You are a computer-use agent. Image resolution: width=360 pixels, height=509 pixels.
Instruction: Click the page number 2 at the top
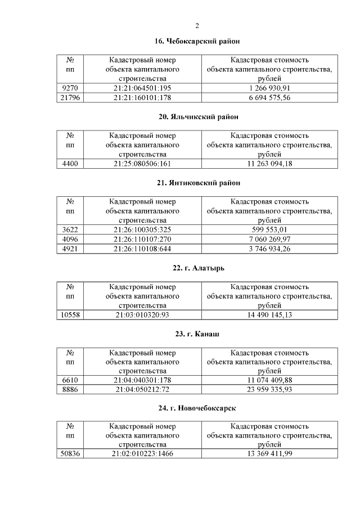click(x=197, y=25)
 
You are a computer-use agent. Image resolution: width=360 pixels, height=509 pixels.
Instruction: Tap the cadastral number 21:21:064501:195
click(x=142, y=88)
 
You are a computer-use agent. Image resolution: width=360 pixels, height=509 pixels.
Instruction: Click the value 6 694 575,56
click(x=269, y=97)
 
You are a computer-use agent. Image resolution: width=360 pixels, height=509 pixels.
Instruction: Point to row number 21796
click(x=70, y=97)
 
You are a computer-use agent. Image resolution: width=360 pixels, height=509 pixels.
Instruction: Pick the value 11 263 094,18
click(x=269, y=164)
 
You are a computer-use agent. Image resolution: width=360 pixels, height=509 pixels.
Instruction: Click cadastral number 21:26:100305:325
click(x=142, y=229)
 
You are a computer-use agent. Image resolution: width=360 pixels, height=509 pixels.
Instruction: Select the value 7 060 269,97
click(x=269, y=239)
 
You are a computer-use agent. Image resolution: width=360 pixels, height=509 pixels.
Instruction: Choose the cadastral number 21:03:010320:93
click(x=142, y=314)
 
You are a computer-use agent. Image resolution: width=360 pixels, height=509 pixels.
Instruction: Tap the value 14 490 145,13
click(x=269, y=314)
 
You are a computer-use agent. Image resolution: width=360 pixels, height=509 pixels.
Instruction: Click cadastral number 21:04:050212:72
click(x=142, y=390)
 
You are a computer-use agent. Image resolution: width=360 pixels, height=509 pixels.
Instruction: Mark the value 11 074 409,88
click(x=269, y=381)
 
